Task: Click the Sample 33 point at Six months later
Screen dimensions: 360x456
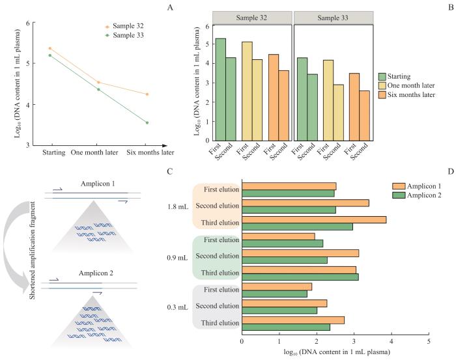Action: (147, 122)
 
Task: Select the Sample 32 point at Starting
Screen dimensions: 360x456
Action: (50, 48)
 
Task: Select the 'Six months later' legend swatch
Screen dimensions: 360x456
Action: (384, 96)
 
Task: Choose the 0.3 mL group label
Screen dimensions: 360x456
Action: (177, 305)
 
